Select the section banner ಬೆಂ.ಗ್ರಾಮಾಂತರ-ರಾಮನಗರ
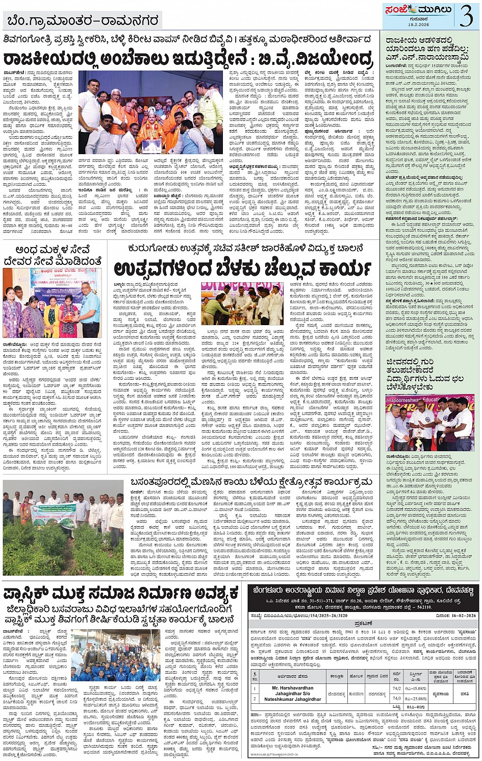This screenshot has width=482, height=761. (x=83, y=21)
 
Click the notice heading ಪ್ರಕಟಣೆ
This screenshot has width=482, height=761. (x=363, y=624)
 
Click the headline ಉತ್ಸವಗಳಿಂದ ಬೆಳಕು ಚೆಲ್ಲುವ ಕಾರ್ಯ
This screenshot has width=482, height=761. (x=242, y=268)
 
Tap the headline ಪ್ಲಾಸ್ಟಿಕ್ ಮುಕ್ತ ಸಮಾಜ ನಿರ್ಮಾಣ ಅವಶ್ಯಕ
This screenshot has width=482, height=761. (x=120, y=594)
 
